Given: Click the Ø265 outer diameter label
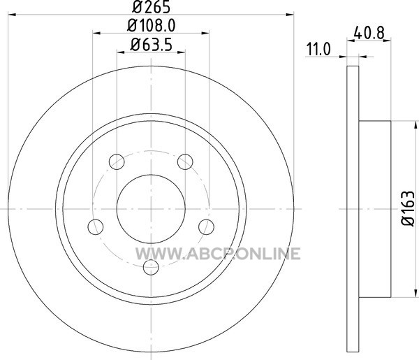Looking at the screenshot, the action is pos(152,7).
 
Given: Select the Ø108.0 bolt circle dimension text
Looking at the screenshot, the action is pos(152,26).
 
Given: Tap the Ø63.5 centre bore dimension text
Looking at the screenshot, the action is pos(151,45).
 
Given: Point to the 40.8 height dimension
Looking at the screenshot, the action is pos(369,33).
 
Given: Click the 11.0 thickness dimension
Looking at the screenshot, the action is pos(318,49).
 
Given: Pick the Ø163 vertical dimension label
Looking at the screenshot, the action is pos(409,208).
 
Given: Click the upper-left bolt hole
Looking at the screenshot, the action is pos(117,161).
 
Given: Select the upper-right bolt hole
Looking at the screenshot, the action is pos(185,161).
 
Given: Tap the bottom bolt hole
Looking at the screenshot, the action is pos(151,267).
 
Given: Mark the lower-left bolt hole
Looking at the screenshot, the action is pos(96,226).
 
